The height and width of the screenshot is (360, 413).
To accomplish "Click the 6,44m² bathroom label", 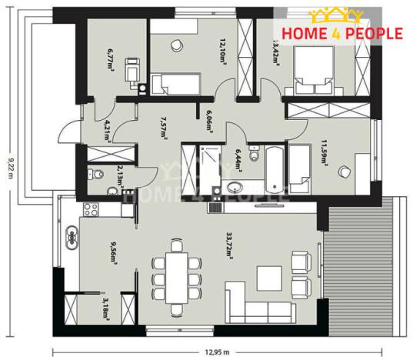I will coord(237,158).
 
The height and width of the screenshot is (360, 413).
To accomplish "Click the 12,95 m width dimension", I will coord(218,352).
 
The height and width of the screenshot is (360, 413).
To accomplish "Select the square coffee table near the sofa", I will coord(271,278).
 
